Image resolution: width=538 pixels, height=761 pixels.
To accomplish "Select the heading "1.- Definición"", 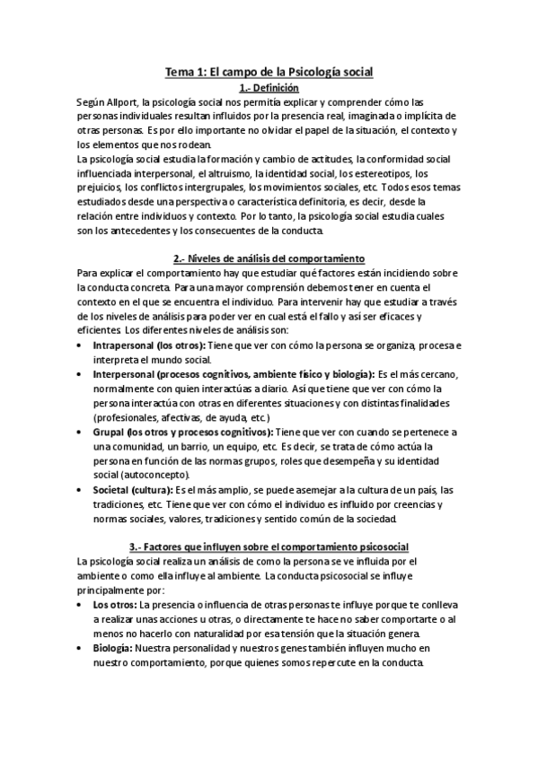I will click(269, 88).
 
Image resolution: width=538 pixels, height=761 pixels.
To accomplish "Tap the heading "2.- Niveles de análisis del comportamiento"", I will click(269, 258).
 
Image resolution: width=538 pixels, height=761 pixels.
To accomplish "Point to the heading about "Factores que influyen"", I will click(269, 547).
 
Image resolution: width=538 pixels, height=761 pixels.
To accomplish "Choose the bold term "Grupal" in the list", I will click(110, 432).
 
